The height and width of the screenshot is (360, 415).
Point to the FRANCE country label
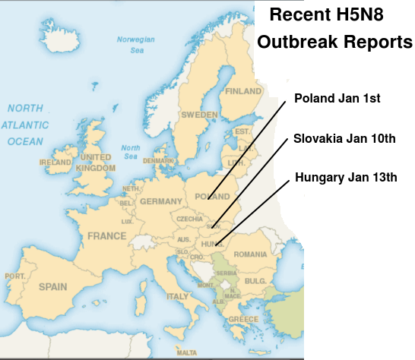click(x=106, y=236)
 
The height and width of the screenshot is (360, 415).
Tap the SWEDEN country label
click(x=199, y=115)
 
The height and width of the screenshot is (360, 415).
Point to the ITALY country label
click(x=177, y=295)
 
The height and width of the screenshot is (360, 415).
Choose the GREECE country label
click(x=246, y=319)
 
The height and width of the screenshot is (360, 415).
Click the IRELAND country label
click(x=55, y=163)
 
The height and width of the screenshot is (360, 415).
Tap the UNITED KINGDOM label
click(x=96, y=162)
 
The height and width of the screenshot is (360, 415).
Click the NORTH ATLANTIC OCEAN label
click(x=27, y=125)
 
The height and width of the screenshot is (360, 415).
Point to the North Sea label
click(x=131, y=152)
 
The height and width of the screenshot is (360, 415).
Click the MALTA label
click(x=186, y=352)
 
